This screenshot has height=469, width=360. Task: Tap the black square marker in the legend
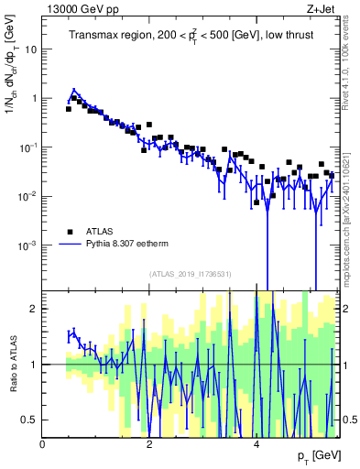coord(71,231)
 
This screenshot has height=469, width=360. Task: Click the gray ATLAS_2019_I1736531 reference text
coord(189,275)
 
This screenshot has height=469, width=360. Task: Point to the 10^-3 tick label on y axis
coord(27,245)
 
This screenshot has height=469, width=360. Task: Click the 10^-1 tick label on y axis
coord(27,147)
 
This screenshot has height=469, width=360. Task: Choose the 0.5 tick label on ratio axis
coord(29,420)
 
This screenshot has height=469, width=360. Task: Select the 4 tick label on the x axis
coord(256,444)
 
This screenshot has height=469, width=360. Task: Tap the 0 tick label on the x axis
coord(42,444)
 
